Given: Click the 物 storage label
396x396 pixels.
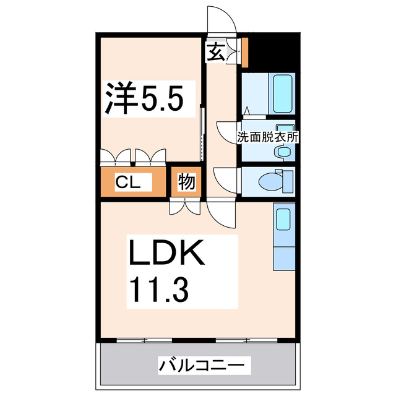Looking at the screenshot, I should [x=187, y=183].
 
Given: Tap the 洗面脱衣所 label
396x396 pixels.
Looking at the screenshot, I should [x=267, y=137].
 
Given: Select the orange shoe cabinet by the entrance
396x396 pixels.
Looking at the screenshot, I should [x=244, y=53].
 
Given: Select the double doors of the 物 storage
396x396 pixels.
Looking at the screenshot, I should [x=184, y=207].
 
